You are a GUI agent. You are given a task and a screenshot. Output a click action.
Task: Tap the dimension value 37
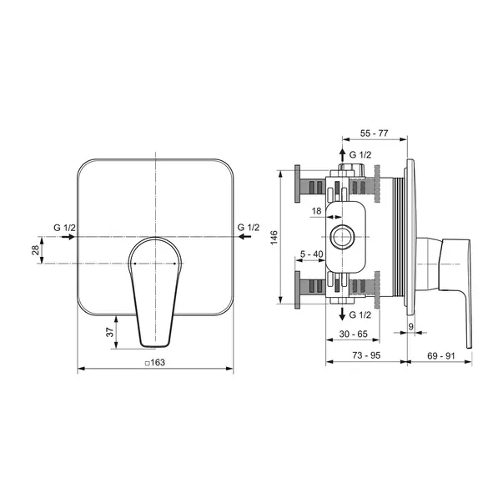coord(110,332)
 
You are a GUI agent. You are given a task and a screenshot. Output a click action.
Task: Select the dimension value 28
coord(35,249)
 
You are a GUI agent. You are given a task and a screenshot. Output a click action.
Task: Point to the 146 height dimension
coord(274,238)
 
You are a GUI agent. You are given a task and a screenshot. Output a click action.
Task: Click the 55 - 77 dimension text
coord(374,133)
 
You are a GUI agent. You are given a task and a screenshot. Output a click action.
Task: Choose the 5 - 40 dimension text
coord(311,254)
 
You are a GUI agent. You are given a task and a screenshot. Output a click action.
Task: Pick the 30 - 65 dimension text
coord(353,334)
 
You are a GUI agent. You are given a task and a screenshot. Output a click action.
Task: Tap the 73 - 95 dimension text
coord(366,355)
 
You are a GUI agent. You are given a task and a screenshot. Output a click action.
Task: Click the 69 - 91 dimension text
coord(441,355)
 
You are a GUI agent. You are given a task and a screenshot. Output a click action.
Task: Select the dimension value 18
coord(316,211)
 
